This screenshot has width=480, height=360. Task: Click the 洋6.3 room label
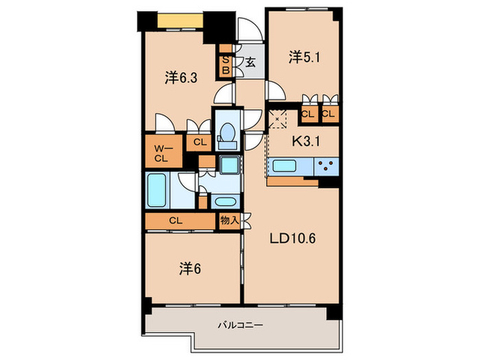(181, 77)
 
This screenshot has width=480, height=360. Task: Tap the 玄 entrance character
(250, 62)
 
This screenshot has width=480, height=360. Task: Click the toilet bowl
(226, 135)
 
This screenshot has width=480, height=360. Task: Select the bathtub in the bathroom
(158, 191)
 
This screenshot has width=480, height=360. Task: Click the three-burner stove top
(326, 167)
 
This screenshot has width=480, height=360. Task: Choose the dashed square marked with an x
(277, 118)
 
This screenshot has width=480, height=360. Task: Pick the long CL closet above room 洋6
(176, 221)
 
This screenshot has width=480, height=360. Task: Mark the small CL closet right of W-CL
(200, 143)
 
